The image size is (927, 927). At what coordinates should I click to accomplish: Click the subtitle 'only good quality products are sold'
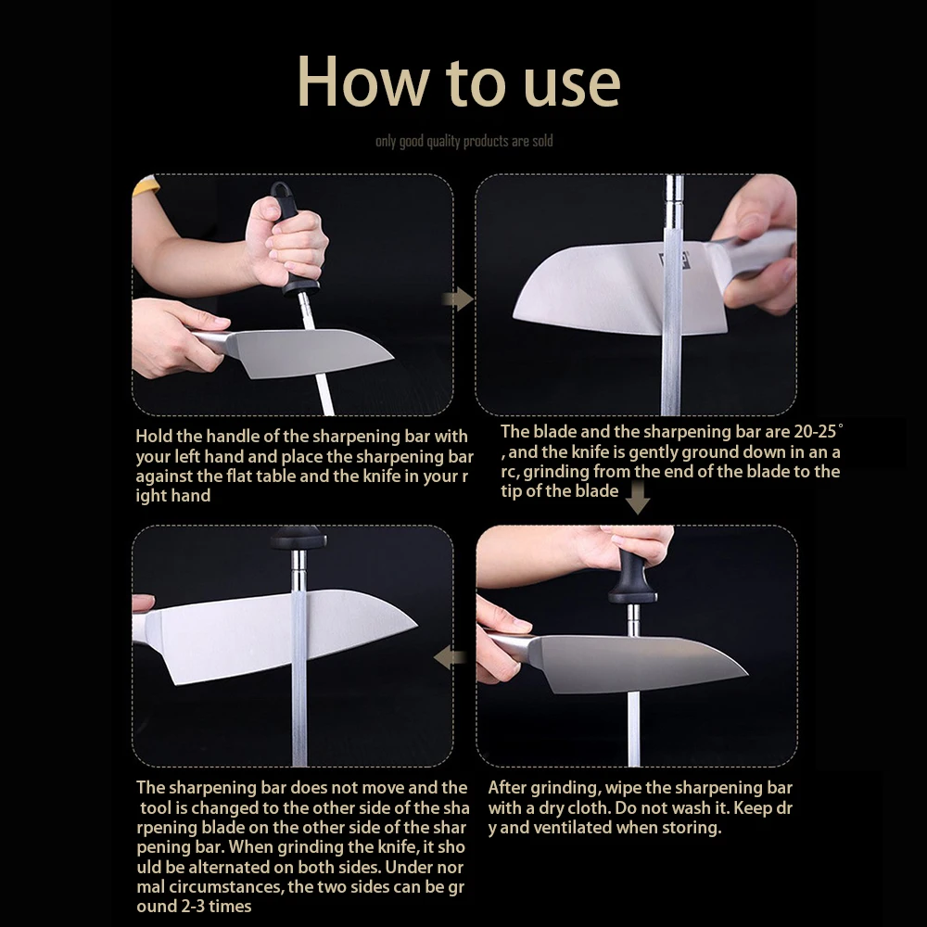point(464,141)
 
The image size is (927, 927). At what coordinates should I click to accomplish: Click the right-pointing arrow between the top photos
point(458,299)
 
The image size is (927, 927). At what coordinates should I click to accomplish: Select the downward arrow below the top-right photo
point(638,498)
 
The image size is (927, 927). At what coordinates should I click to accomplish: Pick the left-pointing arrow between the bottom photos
point(450,657)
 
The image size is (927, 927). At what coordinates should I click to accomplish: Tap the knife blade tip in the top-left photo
point(392,357)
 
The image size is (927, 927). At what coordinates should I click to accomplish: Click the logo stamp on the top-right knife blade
point(675,260)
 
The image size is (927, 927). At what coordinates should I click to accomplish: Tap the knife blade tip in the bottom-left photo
point(415,623)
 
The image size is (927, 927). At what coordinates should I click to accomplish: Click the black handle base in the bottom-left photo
point(298,538)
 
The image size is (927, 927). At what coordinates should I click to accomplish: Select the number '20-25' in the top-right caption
point(816,432)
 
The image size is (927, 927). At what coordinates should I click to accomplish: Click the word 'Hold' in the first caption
point(154,437)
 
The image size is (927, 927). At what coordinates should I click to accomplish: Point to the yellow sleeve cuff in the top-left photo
point(146,185)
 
